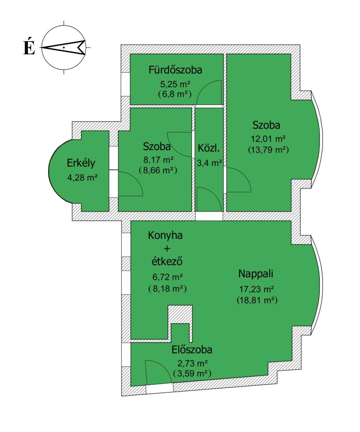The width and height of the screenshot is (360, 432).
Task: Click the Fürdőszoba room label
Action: point(175,70)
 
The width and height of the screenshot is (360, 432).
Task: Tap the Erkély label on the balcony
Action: point(81,163)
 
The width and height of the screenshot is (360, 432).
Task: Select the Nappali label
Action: point(256,273)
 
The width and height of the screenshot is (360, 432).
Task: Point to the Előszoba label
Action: point(192,350)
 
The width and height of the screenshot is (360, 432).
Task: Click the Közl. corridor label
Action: point(209,148)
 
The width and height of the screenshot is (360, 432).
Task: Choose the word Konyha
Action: point(165,235)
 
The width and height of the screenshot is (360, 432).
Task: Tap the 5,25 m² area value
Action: point(175,84)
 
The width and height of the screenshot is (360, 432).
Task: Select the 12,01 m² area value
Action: point(268,138)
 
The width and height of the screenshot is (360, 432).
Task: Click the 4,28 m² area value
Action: point(82,177)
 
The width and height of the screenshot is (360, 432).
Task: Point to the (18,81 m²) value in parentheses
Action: point(256,301)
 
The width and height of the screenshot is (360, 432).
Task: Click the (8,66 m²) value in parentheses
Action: point(158,170)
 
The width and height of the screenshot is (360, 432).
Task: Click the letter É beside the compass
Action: point(29,48)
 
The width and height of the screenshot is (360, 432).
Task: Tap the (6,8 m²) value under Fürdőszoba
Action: point(174,94)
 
